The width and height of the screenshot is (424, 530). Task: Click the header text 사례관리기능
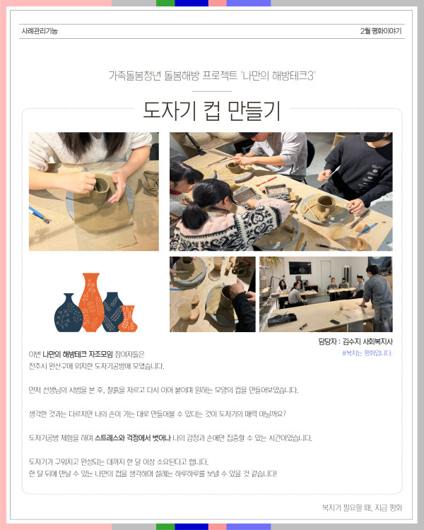40,31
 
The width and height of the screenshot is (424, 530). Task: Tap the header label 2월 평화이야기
381,31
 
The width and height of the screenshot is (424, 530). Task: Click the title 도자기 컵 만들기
212,111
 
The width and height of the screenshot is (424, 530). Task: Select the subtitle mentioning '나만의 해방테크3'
212,76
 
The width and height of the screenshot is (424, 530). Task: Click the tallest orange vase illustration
91,302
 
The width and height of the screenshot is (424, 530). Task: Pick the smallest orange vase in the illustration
128,319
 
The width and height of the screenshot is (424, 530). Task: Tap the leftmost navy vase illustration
69,312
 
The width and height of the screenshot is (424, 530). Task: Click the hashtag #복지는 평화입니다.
367,353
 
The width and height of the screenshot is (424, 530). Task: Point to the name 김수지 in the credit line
351,341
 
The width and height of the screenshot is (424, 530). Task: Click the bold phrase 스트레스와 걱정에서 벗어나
133,438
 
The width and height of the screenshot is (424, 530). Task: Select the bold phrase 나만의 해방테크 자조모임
78,354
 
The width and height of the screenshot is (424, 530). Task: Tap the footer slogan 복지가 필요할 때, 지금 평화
362,507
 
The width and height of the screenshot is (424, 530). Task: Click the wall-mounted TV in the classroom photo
300,269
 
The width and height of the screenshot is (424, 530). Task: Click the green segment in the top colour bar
165,3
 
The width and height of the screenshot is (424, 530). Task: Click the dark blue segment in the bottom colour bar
192,527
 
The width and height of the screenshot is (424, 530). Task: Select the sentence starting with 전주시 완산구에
96,366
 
